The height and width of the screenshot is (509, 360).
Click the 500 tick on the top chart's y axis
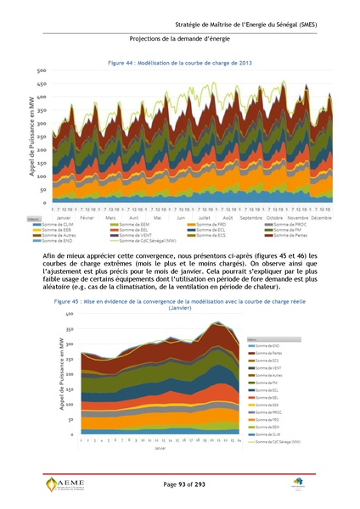point(41,70)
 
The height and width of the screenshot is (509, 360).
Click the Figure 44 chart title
point(179,63)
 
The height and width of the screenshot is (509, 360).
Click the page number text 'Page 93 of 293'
point(179,483)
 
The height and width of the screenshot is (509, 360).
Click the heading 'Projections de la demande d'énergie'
point(179,40)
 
